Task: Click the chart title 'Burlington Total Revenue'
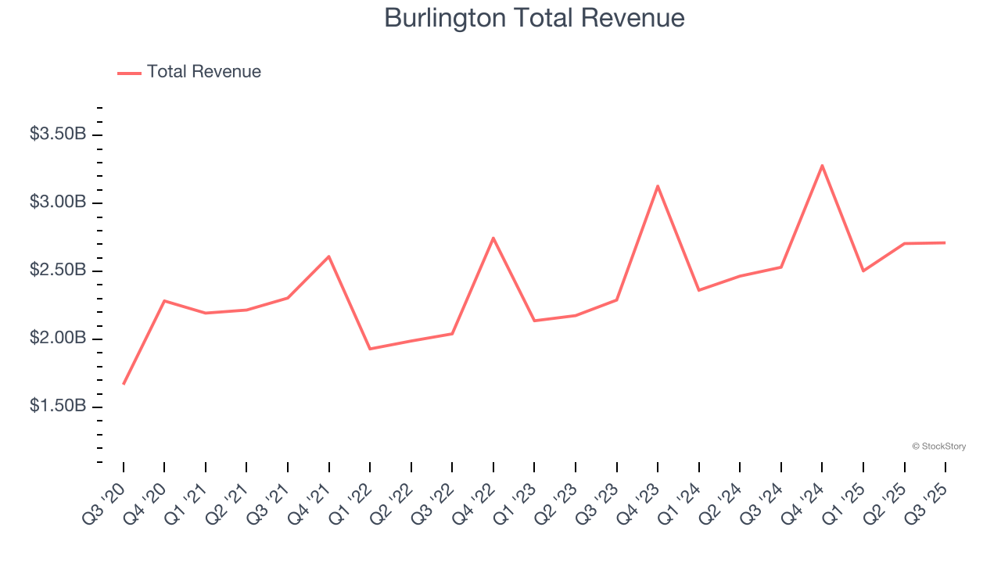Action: click(534, 18)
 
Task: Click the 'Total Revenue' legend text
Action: click(203, 72)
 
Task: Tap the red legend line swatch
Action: click(129, 73)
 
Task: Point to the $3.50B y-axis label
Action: click(58, 134)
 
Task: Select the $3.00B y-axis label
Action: click(58, 203)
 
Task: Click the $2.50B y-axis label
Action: click(58, 271)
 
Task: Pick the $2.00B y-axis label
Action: click(58, 339)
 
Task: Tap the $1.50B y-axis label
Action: click(58, 407)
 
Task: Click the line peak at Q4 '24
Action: click(822, 165)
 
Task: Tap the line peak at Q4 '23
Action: click(658, 186)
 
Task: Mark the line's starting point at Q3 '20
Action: click(124, 384)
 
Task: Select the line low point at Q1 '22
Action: click(370, 349)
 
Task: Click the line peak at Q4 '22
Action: click(493, 238)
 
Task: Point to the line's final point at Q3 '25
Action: click(945, 242)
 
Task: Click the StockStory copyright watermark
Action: click(938, 446)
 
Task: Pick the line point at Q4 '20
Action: click(164, 300)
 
